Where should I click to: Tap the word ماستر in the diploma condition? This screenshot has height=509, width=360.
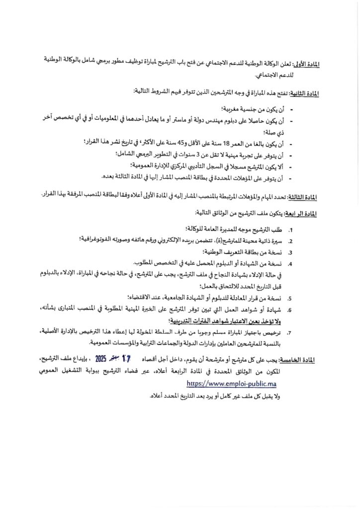click(x=189, y=120)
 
